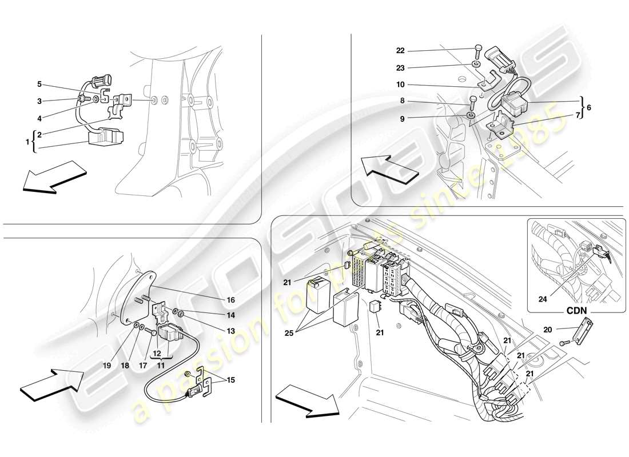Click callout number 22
click(400, 50)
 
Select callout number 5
click(39, 84)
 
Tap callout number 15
click(230, 379)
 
